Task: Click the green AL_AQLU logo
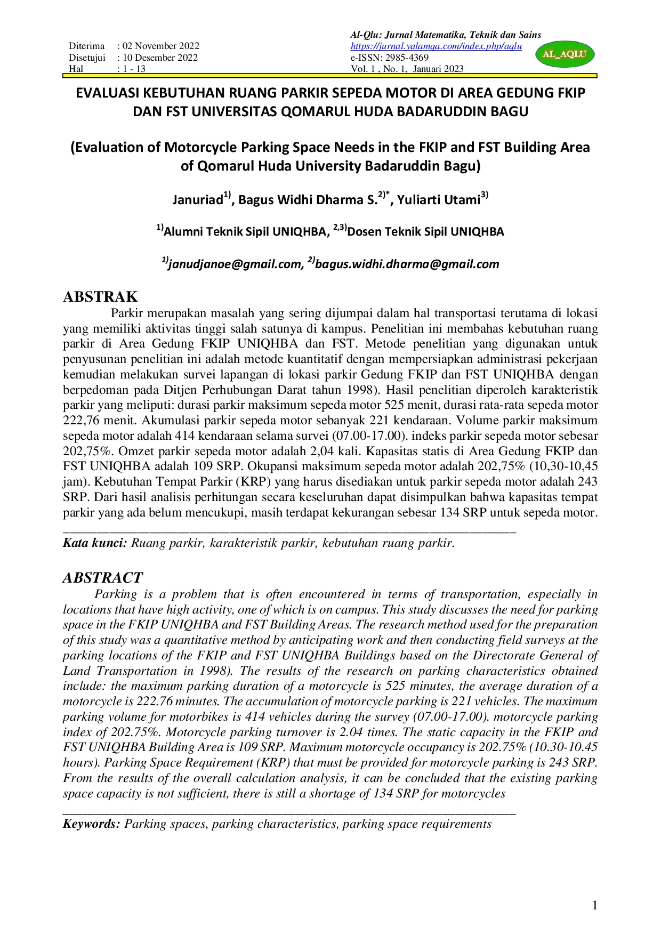564,54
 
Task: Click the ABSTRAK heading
100,297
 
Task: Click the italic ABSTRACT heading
103,578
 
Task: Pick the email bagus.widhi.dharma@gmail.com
407,264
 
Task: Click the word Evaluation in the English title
115,147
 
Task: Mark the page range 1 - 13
134,69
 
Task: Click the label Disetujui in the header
87,58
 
